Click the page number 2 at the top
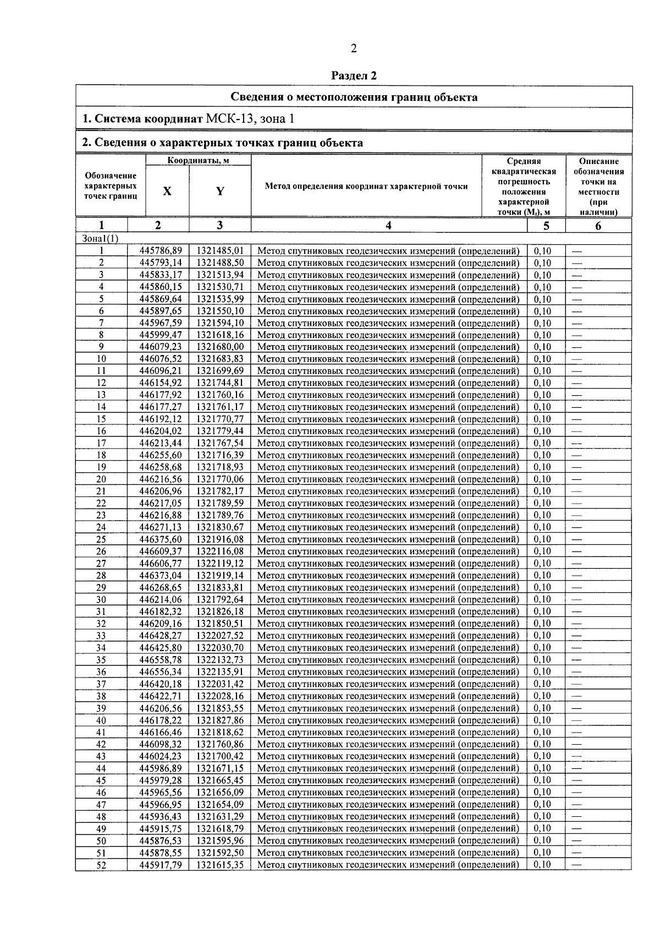coord(354,49)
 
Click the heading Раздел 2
coord(354,76)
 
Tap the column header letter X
coord(167,191)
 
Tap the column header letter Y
coord(220,191)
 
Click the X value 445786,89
coord(161,250)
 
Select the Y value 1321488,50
coord(220,263)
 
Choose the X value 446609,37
coord(161,551)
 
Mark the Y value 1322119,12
coord(220,563)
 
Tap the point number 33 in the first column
coord(101,635)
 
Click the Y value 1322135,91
coord(220,672)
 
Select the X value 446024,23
coord(161,756)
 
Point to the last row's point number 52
coord(101,864)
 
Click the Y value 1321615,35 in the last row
coord(220,864)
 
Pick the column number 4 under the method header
coord(389,225)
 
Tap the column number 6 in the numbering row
coord(598,225)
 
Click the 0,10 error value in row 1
coord(543,250)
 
